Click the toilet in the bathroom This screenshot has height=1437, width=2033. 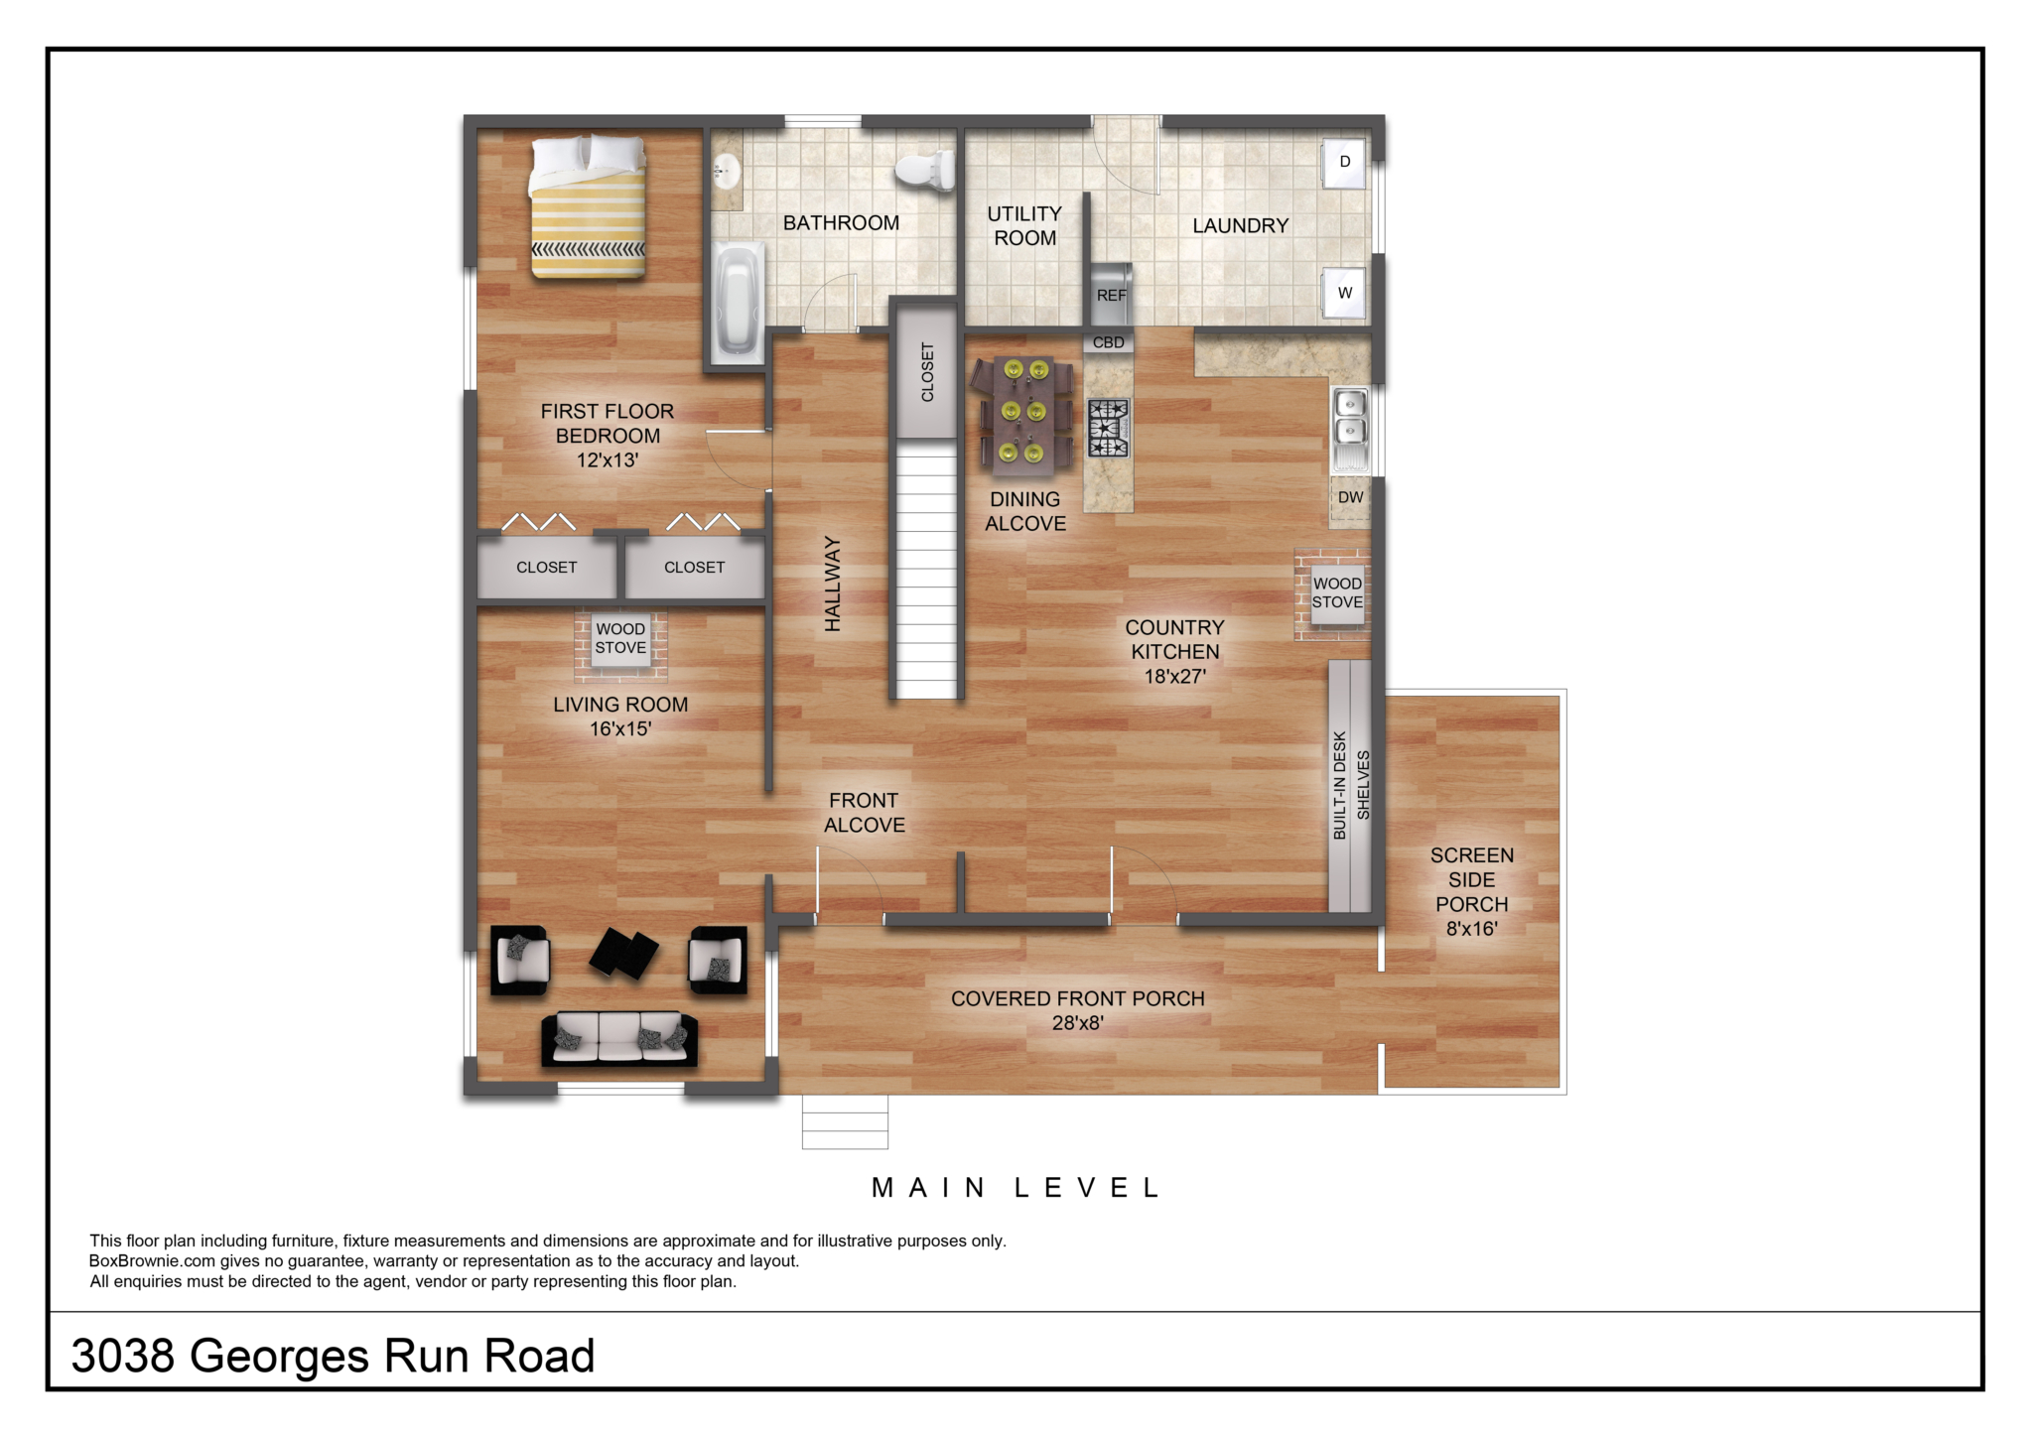[924, 170]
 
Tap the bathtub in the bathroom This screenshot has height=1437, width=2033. [737, 300]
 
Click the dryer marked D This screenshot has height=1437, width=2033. [1345, 162]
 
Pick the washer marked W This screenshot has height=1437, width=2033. [1345, 293]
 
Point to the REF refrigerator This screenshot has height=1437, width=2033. [1111, 294]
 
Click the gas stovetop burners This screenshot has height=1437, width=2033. [1108, 428]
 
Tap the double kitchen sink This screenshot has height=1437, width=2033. [1350, 430]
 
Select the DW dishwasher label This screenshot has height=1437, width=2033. [1350, 497]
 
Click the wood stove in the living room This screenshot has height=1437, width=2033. [620, 640]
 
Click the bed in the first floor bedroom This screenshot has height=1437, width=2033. [588, 206]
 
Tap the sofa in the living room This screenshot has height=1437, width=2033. [619, 1038]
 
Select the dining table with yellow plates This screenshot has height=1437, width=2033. [1024, 412]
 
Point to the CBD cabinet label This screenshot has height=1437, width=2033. [1108, 342]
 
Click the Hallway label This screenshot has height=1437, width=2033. [833, 584]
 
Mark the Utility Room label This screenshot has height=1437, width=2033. [1024, 226]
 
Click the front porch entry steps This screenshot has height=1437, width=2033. [845, 1121]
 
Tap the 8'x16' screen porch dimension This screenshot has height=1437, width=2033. [1471, 929]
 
